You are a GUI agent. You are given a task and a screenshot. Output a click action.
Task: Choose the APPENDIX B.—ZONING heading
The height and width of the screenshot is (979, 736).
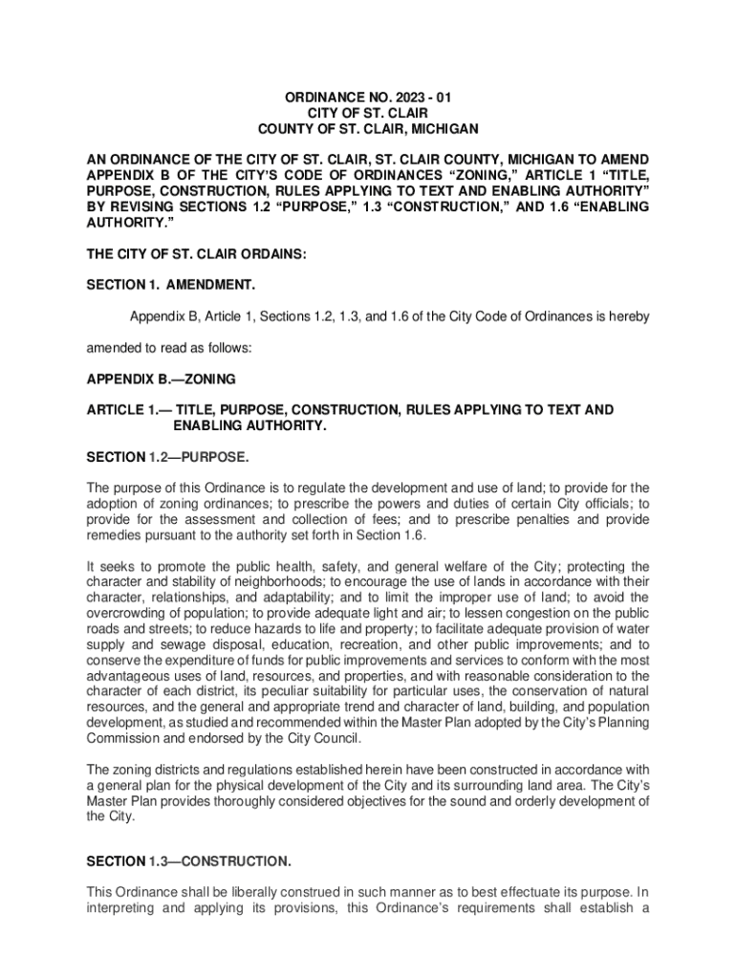click(x=162, y=379)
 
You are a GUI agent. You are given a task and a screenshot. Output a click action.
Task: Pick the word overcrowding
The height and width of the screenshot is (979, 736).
click(x=130, y=613)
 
